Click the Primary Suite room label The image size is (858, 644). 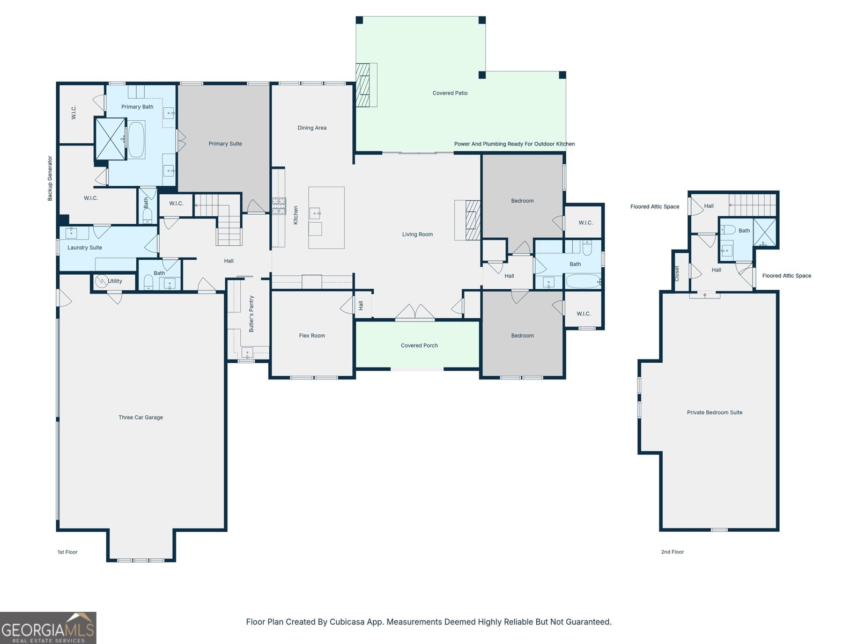coord(225,144)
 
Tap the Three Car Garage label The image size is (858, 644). coord(140,418)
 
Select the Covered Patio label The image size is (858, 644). coord(450,93)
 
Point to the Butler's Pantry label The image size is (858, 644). coord(252,314)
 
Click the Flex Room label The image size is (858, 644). coord(312,335)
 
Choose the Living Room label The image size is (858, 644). coord(417,234)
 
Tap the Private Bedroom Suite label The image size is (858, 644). coord(714,413)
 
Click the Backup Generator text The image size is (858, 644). coord(50,178)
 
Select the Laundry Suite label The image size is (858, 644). coord(84,247)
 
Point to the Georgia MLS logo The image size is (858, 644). coord(48,628)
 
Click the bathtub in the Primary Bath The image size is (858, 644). coord(136,140)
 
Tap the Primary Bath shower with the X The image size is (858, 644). coord(110,139)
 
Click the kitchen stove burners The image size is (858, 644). coord(279,206)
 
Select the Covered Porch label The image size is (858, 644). coord(419,346)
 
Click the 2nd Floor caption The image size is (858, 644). coord(672,552)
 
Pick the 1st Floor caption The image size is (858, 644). coord(68,552)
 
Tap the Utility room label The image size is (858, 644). coord(115,281)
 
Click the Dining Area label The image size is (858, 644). coord(312,128)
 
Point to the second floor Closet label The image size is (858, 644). coord(677,273)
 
